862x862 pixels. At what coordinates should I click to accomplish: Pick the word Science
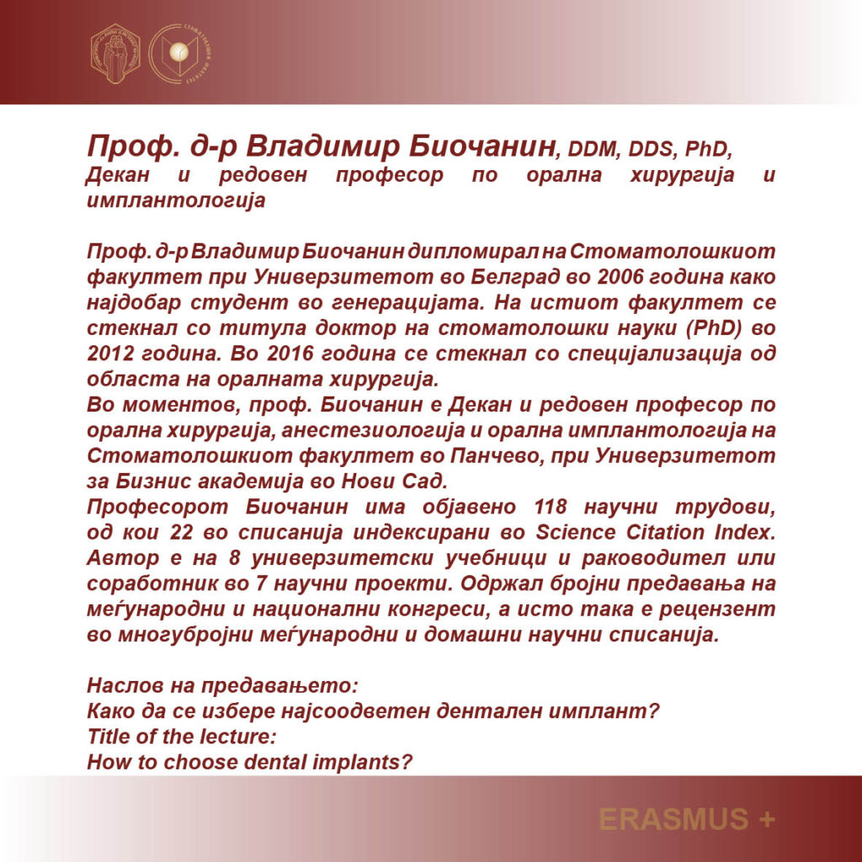coord(573,532)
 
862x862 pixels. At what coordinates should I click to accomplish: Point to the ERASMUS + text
coord(686,818)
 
